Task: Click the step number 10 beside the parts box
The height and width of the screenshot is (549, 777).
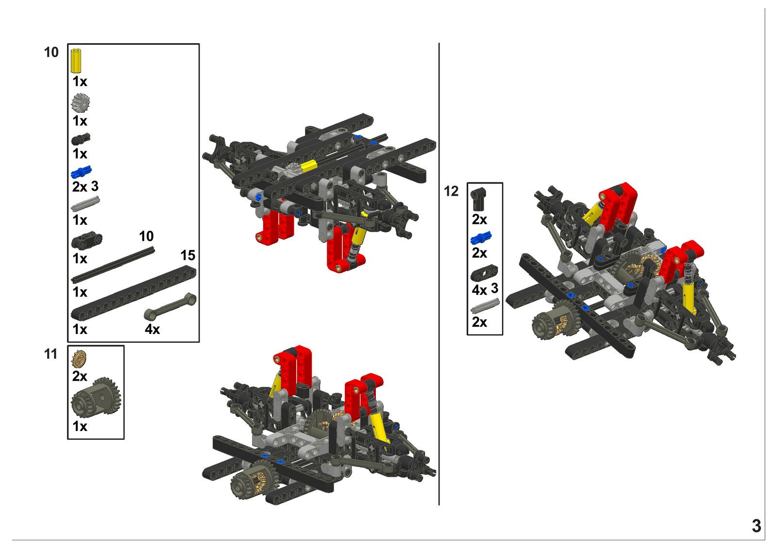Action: coord(51,52)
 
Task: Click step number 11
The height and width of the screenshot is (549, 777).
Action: coord(51,354)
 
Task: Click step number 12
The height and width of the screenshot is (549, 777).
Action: coord(451,191)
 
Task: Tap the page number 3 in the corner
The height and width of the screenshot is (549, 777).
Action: coord(757,526)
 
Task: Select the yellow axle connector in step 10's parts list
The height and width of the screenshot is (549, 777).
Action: coord(76,61)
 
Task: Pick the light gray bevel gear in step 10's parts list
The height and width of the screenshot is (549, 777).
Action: coord(81,103)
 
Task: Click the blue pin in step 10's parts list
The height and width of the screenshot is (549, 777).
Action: coord(81,171)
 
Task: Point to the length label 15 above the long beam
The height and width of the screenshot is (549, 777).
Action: coord(188,256)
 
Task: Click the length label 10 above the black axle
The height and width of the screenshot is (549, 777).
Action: coord(146,236)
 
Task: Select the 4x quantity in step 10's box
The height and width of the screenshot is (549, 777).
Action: coord(152,329)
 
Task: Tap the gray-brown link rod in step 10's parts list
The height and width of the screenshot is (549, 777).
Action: coord(170,307)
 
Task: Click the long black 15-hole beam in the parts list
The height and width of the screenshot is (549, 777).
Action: coord(134,293)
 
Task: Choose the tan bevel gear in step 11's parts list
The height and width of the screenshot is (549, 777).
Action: coord(79,359)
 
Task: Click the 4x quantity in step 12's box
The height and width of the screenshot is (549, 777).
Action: coord(479,290)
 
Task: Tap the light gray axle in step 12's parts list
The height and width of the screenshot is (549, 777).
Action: coord(485,306)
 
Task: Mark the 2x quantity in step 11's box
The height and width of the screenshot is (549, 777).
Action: coord(80,376)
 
